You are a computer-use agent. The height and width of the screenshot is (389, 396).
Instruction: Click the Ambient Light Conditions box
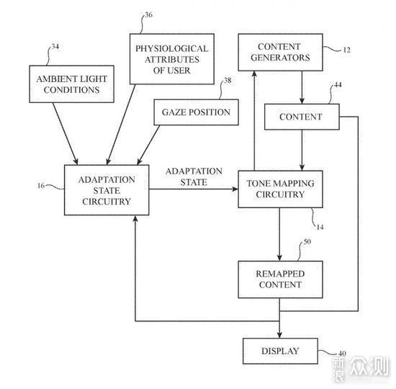coord(72,84)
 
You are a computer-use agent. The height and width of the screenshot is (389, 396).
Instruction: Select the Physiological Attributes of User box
coord(172,59)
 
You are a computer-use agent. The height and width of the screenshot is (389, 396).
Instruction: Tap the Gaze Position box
coord(197,112)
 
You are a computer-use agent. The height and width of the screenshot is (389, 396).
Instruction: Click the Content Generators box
coord(280,52)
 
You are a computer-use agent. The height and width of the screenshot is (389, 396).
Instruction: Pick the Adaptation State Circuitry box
coord(107,190)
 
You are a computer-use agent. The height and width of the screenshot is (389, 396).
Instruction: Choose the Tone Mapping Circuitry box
coord(280,189)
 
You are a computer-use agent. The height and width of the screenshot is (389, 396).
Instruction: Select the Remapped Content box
coord(280,280)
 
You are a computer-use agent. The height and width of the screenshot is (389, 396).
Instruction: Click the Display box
coord(280,351)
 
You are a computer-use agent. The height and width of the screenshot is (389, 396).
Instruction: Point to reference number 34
coord(55,47)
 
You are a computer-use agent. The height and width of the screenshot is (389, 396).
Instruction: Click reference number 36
coord(149,15)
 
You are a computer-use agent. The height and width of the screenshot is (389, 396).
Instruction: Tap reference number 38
coord(228,81)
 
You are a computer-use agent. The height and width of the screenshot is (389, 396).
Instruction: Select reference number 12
coord(347,50)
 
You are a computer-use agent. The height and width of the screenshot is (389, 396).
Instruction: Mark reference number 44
coord(338,85)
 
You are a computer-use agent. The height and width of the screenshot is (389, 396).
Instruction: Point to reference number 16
coord(41,186)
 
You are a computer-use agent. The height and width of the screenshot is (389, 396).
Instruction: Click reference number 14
coord(320,227)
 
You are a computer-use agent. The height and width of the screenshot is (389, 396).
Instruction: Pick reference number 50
coord(307,241)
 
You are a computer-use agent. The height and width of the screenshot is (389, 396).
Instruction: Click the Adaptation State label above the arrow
coord(194,176)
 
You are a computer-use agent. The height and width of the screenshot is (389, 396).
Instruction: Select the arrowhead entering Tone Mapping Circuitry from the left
coord(235,189)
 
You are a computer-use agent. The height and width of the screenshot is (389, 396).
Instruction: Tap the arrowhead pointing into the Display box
coord(279,335)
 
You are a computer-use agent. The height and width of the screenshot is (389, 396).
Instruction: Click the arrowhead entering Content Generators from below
coord(254,74)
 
